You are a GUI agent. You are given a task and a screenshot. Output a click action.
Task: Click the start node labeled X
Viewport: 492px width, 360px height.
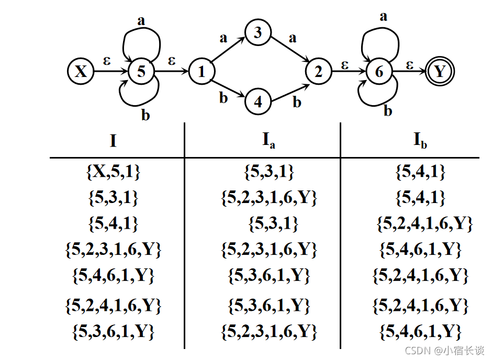[81, 72]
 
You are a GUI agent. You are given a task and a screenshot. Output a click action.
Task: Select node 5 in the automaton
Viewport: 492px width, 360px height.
[141, 72]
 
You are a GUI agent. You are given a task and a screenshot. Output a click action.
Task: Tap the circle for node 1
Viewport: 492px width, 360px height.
[201, 72]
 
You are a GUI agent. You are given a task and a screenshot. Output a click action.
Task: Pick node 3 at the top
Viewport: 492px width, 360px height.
[258, 33]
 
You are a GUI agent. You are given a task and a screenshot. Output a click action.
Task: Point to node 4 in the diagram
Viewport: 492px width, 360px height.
[258, 102]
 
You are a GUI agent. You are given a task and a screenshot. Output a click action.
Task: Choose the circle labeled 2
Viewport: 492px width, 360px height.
[318, 72]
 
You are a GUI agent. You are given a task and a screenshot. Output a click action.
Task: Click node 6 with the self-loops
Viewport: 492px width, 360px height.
[379, 72]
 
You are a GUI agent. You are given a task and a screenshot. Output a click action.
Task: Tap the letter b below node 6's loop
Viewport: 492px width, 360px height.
[388, 111]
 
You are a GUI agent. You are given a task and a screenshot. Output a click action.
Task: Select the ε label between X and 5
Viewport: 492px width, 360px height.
[107, 60]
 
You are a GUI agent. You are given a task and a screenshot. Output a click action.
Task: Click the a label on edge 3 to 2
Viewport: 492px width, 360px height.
[292, 38]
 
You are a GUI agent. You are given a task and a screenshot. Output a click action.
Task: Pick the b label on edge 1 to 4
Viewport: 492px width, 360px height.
[223, 98]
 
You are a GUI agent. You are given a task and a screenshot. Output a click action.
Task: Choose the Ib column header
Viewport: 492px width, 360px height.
[420, 140]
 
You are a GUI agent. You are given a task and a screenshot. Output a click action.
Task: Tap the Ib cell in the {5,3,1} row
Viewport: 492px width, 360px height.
[420, 198]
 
